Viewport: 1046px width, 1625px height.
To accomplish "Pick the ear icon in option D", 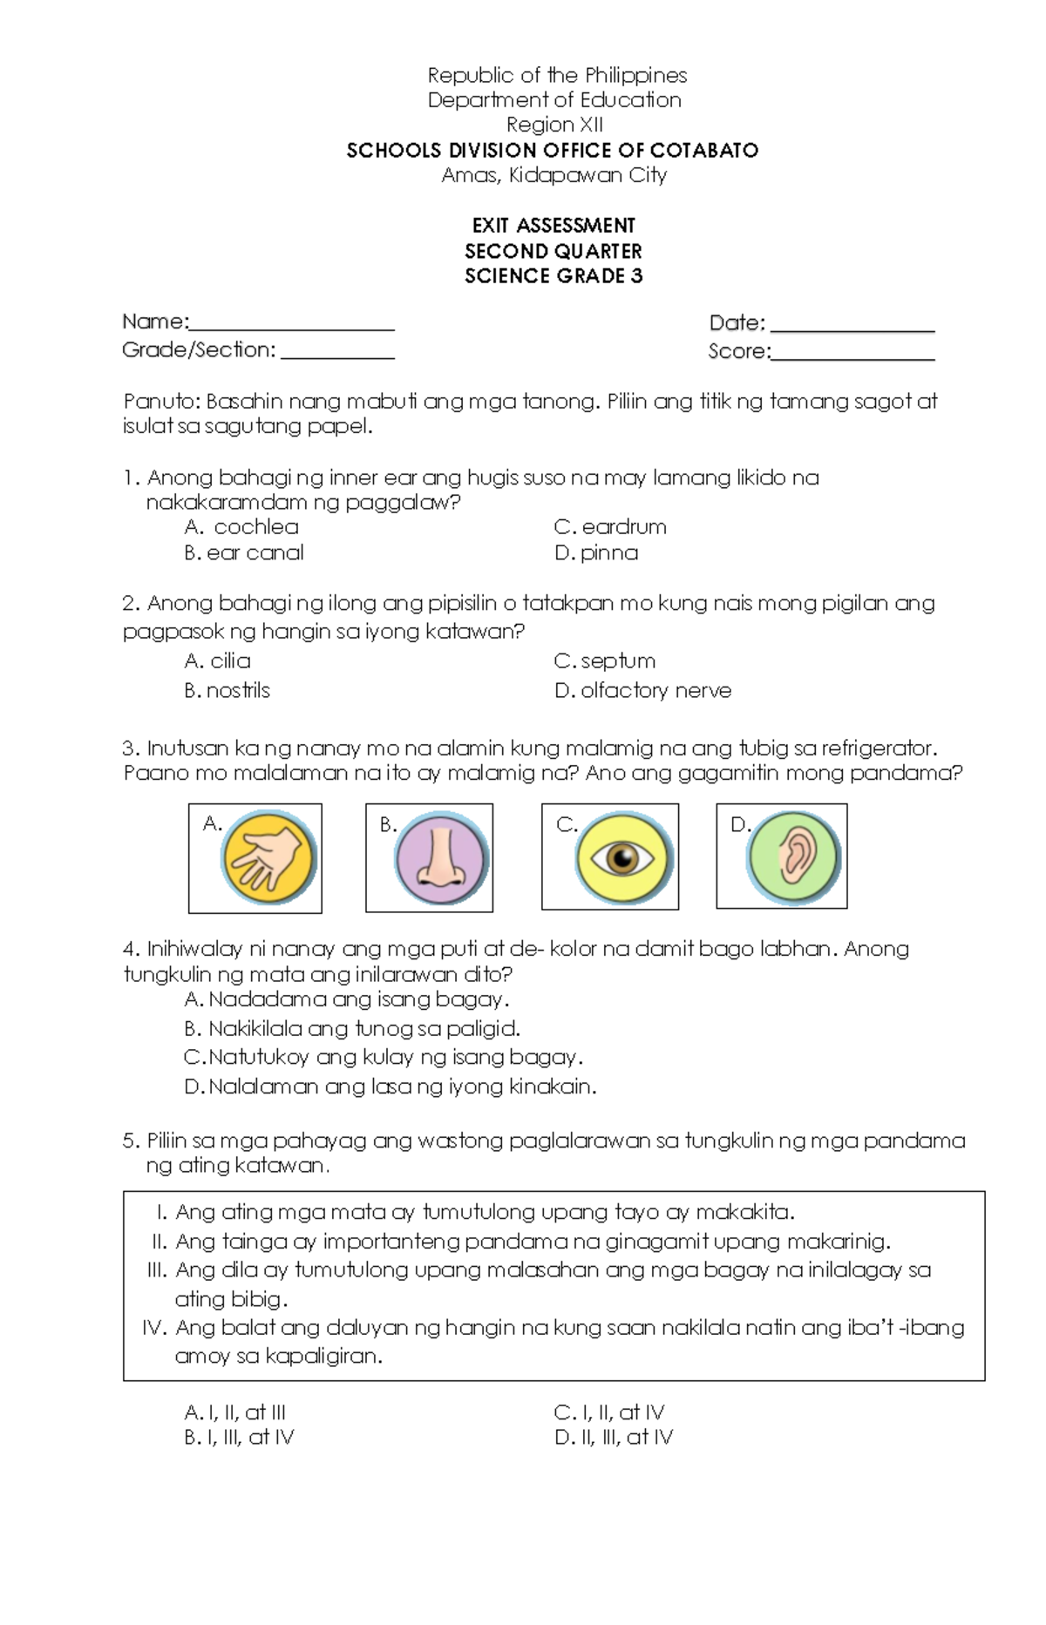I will (793, 857).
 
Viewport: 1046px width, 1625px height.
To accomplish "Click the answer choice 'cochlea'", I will (255, 527).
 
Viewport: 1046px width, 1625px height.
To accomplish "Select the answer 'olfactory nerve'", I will (655, 690).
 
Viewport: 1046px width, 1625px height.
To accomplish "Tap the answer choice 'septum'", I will (618, 660).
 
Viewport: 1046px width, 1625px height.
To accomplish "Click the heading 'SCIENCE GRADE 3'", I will (554, 276).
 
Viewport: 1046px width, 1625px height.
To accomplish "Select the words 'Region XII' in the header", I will (554, 125).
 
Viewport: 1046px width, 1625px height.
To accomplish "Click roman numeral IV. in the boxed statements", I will (154, 1327).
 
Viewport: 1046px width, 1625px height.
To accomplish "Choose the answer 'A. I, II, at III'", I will (235, 1412).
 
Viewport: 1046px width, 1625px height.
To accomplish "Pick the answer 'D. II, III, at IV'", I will (614, 1438).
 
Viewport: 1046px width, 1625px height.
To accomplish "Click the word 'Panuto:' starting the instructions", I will (163, 402).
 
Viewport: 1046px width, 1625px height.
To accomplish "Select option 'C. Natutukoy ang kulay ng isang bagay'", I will (384, 1057).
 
